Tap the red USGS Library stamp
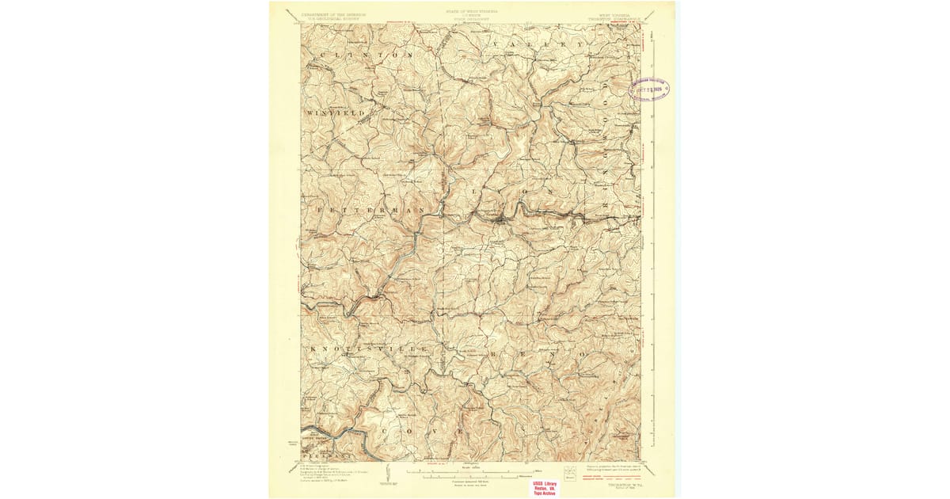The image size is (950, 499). [x=544, y=487]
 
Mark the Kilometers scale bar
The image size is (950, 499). [x=476, y=478]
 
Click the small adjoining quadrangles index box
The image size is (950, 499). [x=569, y=474]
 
